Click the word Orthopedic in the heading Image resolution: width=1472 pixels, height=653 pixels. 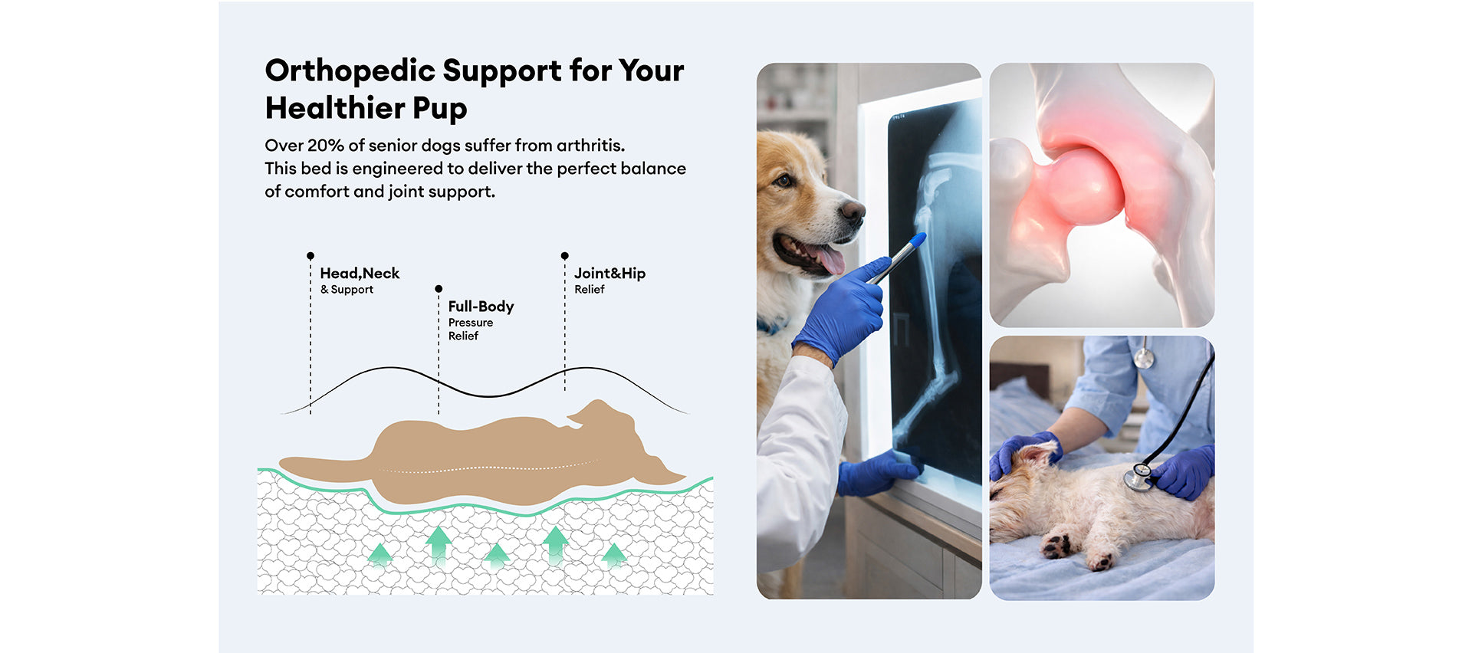pos(350,71)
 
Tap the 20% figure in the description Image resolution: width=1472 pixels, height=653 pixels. pos(325,145)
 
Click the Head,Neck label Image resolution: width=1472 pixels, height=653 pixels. pos(360,273)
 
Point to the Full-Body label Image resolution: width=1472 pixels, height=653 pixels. pos(481,307)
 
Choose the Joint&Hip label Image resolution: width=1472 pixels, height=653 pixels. pos(609,273)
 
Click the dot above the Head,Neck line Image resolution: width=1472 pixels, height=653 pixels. pos(310,255)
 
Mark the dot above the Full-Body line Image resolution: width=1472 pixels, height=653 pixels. pos(439,289)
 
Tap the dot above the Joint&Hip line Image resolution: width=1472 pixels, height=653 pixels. pos(565,255)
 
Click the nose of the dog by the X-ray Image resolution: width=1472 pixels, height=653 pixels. pos(852,210)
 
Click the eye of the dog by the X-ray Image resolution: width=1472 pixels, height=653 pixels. pos(784,181)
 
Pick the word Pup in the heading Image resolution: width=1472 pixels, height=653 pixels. pos(439,110)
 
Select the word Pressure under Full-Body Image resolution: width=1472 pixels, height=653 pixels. pos(471,323)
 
